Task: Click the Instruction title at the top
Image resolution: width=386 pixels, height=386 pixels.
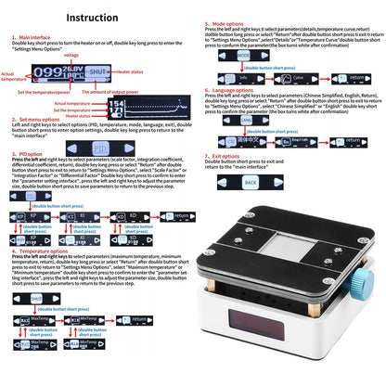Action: (x=92, y=17)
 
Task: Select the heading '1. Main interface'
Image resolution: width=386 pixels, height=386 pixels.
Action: (x=34, y=38)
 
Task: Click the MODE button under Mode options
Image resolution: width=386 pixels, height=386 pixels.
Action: (x=243, y=56)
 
